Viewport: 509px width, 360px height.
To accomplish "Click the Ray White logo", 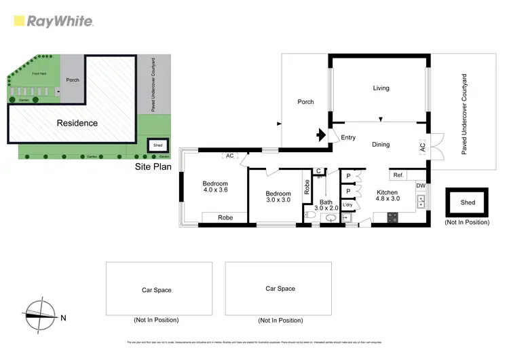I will [x=53, y=21].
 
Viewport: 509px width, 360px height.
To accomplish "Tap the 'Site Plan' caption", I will [x=152, y=165].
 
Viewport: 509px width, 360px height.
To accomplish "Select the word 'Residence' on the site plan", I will [x=77, y=123].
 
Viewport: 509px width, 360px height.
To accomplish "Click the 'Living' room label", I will [x=381, y=88].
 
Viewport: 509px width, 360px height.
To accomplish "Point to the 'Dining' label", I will [x=381, y=144].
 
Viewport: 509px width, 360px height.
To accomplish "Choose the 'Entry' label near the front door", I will [x=348, y=138].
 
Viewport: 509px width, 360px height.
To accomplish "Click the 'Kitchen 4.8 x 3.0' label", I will [x=388, y=196].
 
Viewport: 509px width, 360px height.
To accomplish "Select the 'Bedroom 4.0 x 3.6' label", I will [x=215, y=187].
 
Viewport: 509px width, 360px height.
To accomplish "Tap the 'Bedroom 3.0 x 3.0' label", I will [x=278, y=197].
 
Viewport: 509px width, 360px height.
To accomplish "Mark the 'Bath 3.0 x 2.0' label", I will [x=326, y=205].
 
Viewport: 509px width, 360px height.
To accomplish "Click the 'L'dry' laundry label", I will [x=347, y=204].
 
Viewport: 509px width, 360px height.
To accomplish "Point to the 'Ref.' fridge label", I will [x=398, y=175].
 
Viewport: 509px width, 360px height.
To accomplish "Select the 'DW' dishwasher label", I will [x=421, y=185].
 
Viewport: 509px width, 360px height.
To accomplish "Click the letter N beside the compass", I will [x=63, y=317].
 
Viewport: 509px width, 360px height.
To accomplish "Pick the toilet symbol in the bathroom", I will [x=310, y=215].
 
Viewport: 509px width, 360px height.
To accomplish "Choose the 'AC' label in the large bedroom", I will [x=229, y=156].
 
